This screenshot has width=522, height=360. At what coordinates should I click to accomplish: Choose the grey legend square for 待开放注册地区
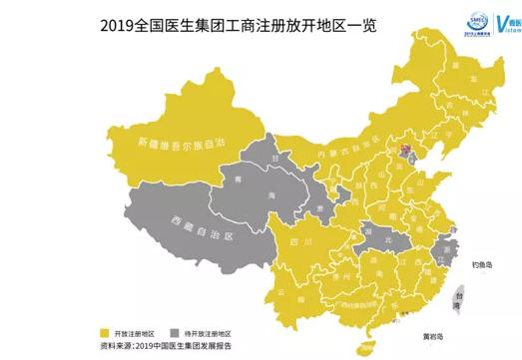[x=177, y=329]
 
